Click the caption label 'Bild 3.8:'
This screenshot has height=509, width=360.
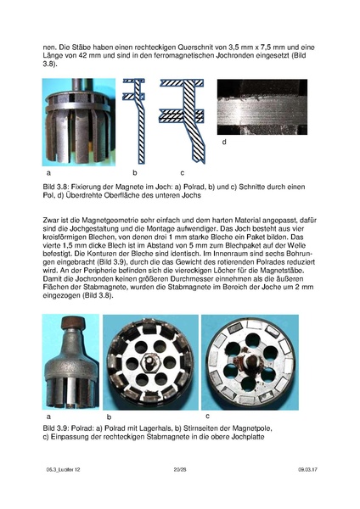[x=55, y=187]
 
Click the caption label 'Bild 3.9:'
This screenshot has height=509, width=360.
[x=55, y=428]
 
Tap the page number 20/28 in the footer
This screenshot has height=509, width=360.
[x=180, y=469]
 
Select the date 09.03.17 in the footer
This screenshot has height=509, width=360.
[x=307, y=469]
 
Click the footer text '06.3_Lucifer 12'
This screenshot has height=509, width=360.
[x=63, y=469]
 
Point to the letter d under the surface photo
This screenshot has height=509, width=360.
[x=224, y=142]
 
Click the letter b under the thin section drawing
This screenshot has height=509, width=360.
[x=134, y=173]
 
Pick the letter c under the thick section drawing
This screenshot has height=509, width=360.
[x=183, y=173]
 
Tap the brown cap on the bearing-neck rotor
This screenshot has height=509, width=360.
[x=73, y=322]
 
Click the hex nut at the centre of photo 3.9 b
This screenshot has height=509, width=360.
[x=151, y=361]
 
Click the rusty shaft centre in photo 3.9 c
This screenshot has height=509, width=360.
[x=250, y=361]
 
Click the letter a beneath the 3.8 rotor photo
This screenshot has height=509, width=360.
[x=48, y=173]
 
